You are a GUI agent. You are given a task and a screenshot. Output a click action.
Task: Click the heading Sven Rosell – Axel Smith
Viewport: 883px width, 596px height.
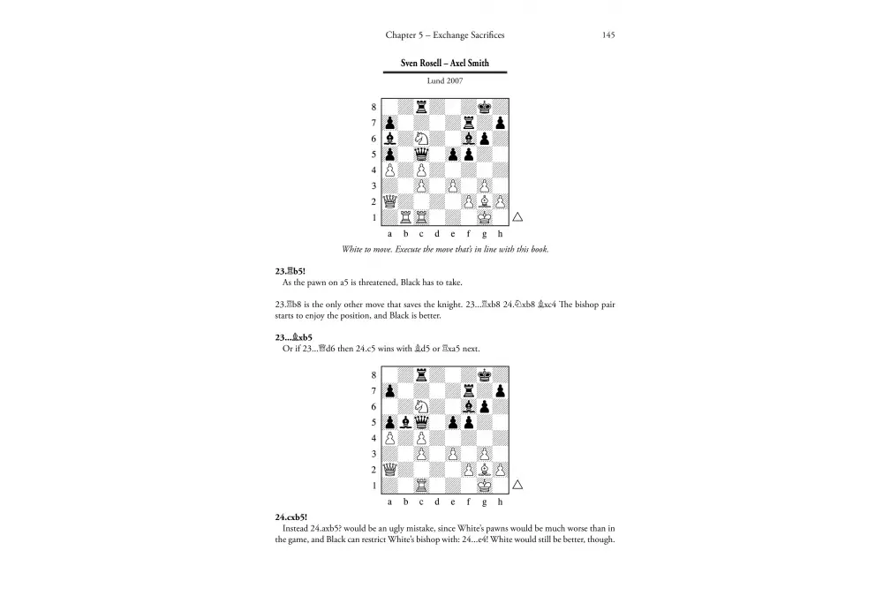[x=445, y=64]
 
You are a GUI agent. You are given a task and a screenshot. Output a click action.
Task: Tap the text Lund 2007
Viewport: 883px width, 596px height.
[x=445, y=80]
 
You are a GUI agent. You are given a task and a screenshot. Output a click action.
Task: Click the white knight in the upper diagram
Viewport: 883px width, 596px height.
[x=422, y=138]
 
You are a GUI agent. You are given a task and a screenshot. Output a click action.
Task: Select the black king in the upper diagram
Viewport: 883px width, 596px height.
[x=485, y=107]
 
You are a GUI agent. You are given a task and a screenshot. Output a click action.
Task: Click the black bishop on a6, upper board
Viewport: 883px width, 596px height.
[x=390, y=138]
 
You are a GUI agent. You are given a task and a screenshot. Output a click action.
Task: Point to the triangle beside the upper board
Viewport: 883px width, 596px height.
[x=518, y=216]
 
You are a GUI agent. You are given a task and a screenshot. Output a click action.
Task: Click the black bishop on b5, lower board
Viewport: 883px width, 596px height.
[x=406, y=422]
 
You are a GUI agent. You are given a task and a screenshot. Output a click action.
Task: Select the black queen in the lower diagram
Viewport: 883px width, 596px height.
[x=422, y=422]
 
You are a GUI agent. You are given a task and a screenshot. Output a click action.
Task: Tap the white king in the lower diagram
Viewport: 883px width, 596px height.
[x=485, y=485]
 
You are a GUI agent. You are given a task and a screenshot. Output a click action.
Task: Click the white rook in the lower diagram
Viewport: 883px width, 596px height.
[x=422, y=485]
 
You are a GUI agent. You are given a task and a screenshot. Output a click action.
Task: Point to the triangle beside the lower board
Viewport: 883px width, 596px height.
[x=518, y=485]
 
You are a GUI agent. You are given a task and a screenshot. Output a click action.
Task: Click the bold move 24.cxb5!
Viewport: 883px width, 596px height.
[x=296, y=517]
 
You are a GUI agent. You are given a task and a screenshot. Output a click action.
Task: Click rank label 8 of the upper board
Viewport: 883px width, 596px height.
[x=374, y=107]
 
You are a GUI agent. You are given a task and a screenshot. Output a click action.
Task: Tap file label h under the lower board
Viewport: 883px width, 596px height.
[x=500, y=502]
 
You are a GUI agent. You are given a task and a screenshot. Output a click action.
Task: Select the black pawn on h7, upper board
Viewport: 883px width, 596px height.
[x=501, y=122]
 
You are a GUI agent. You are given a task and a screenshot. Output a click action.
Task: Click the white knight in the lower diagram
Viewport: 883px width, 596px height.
[x=422, y=406]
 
